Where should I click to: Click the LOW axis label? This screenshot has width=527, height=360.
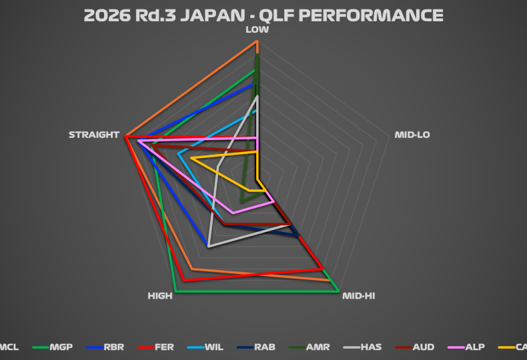point(257,29)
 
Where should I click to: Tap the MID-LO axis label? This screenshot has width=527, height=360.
point(412,135)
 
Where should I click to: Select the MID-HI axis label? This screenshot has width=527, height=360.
point(358,295)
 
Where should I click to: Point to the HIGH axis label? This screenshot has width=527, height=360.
point(160,295)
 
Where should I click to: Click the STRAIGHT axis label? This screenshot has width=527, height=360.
point(93,135)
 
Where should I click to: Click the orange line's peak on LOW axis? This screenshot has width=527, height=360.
point(257,41)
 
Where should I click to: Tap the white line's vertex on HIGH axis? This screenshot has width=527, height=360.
point(208,246)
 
